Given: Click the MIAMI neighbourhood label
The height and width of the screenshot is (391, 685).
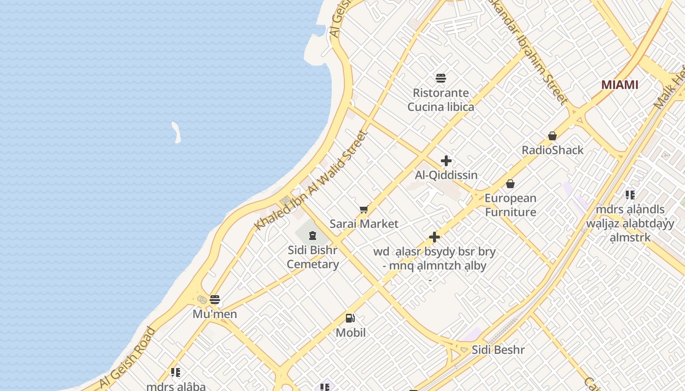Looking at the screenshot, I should (619, 85).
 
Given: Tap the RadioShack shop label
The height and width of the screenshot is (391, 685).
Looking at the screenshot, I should (552, 150).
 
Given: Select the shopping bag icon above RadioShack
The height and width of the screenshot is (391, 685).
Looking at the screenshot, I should (552, 135).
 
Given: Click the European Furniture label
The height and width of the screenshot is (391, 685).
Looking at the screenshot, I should (510, 205).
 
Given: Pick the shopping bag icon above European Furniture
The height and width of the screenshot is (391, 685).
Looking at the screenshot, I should (510, 184).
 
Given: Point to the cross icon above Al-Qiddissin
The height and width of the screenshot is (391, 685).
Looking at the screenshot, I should (446, 161).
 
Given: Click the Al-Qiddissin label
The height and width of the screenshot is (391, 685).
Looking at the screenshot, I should (446, 175).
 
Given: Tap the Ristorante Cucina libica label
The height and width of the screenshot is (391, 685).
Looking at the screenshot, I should (441, 100).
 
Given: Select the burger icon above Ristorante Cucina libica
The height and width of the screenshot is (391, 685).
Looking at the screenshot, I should (441, 78).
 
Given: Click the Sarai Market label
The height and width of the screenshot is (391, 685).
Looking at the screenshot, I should (364, 224).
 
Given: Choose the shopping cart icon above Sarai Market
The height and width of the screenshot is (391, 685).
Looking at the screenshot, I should (364, 210).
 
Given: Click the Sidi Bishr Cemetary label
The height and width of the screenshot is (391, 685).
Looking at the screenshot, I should (313, 257).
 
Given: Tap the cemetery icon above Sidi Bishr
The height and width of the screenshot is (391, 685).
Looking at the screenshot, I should (313, 236).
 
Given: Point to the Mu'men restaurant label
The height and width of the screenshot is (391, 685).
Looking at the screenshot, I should (214, 314).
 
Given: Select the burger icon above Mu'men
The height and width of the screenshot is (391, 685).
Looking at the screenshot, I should (214, 300).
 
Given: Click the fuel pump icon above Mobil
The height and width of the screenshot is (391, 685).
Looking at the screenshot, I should (350, 318).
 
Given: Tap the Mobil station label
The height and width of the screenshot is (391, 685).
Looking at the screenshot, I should (350, 333).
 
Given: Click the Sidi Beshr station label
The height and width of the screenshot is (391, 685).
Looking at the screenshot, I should (498, 350).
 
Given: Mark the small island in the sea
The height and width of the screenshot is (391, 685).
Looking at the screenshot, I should (176, 132).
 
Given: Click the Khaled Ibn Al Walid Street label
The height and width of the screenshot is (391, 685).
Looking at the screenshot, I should (311, 181).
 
